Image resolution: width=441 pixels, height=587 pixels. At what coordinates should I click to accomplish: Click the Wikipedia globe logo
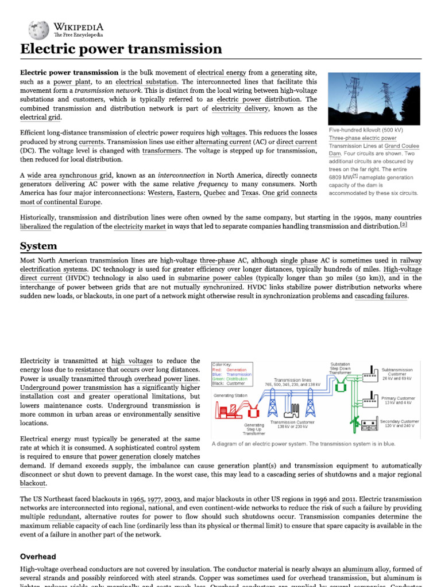point(39,28)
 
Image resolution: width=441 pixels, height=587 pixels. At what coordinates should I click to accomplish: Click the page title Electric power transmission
point(121,49)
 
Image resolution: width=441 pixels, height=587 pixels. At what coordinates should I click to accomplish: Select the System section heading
point(38,246)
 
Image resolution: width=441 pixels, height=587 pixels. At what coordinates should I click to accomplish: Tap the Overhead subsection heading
point(39,556)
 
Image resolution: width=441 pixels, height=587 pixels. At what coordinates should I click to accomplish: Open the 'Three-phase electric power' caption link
point(362,138)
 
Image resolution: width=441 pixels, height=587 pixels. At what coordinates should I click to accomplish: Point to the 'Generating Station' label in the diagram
point(231,396)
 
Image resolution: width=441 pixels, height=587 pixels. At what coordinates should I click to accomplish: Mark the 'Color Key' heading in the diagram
point(222,364)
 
